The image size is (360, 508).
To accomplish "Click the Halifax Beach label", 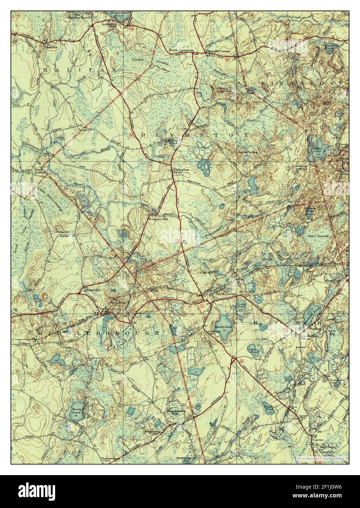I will (x=78, y=17).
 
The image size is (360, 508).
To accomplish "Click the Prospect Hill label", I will (x=157, y=219).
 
